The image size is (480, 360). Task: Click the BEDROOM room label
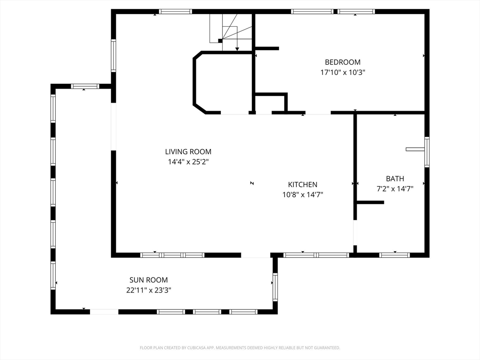point(343,62)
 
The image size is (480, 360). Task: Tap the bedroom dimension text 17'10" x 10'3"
point(343,73)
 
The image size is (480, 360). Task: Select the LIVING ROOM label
point(188,151)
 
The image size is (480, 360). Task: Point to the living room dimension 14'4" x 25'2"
point(188,162)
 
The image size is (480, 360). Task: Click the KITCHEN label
point(303,185)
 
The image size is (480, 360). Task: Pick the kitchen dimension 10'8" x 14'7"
point(303,195)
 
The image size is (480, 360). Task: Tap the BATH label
point(395,179)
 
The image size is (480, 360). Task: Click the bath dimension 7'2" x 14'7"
point(395,188)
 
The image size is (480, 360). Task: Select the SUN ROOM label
point(149,280)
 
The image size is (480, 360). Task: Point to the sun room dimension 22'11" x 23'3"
point(149,290)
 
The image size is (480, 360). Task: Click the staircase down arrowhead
point(237,49)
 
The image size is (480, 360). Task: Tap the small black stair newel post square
point(220,41)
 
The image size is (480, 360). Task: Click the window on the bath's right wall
point(427,152)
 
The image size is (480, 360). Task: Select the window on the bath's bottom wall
point(395,255)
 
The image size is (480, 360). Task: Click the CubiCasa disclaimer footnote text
point(240,348)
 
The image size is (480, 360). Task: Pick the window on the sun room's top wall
point(85,86)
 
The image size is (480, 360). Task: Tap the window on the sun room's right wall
point(275,287)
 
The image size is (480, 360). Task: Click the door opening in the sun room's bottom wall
point(104,312)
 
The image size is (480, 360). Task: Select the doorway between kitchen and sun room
point(256,255)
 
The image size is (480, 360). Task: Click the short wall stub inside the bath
point(370,202)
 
